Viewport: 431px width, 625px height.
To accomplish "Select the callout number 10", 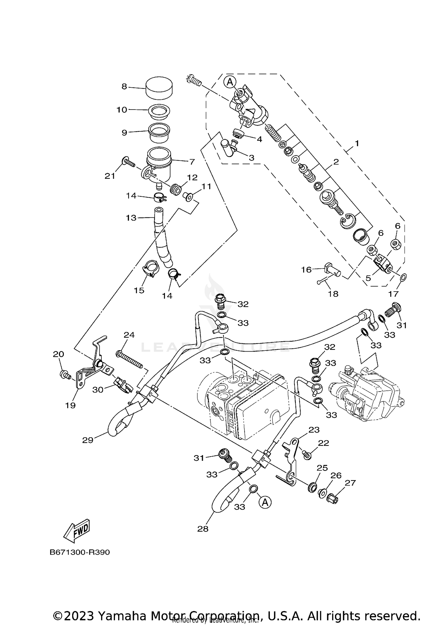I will click(122, 110).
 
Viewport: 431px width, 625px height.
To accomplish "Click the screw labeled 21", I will click(129, 162).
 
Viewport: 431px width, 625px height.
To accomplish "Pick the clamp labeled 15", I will click(151, 269).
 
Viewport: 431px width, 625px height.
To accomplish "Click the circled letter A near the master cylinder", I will click(230, 82).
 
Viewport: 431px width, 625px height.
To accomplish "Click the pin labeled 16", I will click(332, 269).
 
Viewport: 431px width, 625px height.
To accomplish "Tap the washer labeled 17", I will click(403, 277).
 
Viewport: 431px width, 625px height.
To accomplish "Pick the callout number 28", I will click(203, 529).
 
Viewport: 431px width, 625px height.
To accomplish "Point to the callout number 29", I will click(88, 440).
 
